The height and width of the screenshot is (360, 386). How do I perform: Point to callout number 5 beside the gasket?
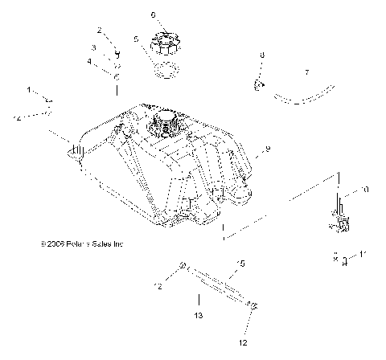pos(137,38)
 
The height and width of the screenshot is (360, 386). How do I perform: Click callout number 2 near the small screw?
pos(100,30)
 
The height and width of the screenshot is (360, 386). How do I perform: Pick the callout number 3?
pos(93,47)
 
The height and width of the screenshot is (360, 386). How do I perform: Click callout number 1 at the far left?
pos(30,89)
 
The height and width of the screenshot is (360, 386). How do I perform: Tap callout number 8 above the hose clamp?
pos(261,55)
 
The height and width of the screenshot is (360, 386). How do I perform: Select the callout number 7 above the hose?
pos(306,72)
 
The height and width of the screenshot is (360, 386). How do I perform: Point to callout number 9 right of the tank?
pos(267,149)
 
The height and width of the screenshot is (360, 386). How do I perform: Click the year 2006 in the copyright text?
pos(51,243)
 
